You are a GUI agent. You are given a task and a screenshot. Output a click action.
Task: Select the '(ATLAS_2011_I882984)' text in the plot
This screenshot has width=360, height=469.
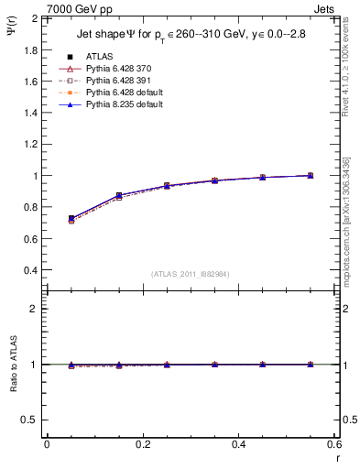point(191,274)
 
